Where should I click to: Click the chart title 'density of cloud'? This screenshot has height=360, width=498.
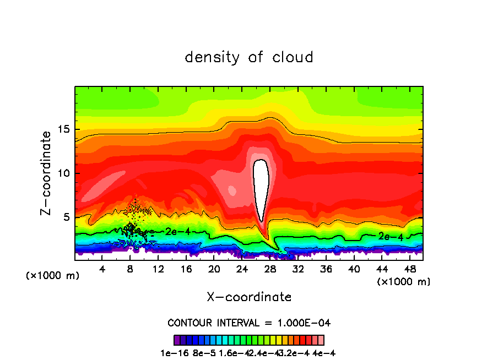[249, 57]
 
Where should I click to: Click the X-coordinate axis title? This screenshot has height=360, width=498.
[249, 297]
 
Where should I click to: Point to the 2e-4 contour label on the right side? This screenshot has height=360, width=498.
[391, 236]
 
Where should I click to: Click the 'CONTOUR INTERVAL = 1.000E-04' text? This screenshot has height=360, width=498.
[249, 323]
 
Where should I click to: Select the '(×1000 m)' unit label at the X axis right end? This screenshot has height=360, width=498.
[404, 281]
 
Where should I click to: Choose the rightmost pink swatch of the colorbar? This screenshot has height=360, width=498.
[321, 340]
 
